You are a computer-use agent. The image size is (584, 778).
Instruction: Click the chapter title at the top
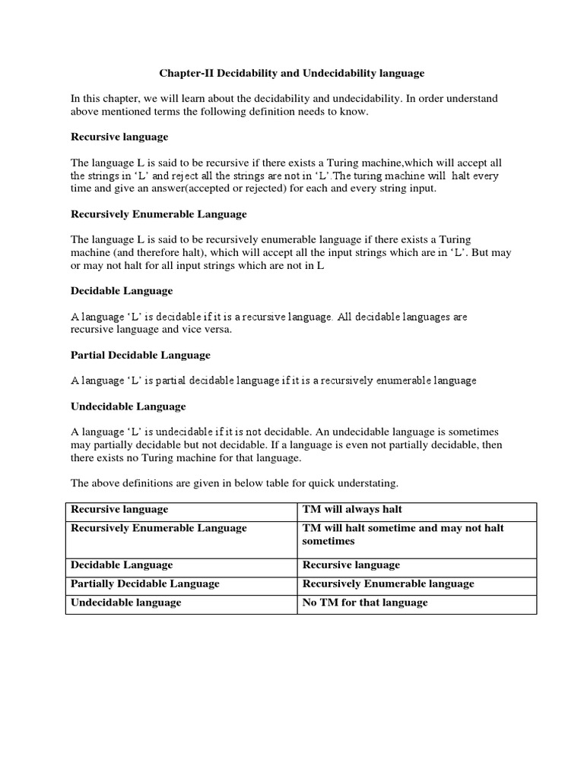291,74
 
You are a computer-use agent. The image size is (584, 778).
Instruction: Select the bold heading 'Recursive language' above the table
119,137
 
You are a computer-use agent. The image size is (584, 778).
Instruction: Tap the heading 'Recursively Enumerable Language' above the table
159,214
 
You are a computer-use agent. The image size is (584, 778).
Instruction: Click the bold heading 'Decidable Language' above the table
122,291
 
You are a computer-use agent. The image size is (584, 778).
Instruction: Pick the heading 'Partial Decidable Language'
141,355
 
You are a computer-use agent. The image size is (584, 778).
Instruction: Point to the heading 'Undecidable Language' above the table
128,406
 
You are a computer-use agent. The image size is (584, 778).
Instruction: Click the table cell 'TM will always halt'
352,509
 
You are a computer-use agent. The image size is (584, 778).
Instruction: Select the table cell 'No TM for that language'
365,602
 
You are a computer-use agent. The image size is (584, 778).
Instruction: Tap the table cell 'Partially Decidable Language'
145,583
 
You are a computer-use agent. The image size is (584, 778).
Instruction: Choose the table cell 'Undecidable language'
126,602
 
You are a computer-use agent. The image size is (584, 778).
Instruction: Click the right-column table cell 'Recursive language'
351,565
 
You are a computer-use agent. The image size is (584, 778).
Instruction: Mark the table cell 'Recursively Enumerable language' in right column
389,583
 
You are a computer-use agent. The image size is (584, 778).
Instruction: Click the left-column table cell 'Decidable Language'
122,565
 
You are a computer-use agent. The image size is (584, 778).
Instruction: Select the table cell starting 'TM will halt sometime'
403,535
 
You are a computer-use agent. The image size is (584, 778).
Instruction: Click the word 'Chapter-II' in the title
184,74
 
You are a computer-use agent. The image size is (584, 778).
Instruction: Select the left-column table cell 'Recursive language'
119,509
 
